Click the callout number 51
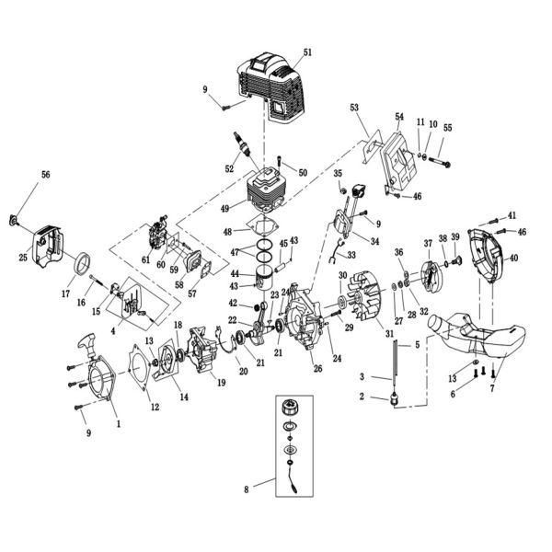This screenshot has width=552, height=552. point(308,52)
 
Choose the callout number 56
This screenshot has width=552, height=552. point(46,173)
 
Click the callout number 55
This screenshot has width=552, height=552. point(448,127)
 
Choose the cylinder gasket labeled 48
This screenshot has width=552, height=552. point(265,233)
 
